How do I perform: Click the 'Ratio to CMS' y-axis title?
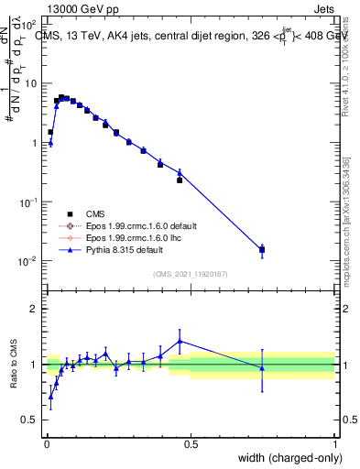(15, 364)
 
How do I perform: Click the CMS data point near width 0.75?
(262, 249)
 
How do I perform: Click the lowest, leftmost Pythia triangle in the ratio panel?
(50, 396)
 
